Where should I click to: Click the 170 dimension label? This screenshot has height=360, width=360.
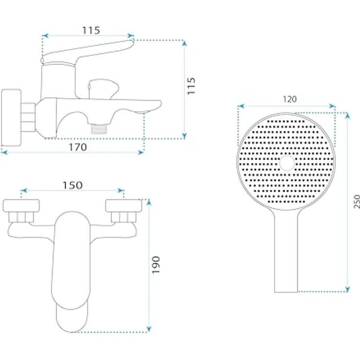click(78, 147)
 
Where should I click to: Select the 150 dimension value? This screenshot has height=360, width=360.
click(72, 185)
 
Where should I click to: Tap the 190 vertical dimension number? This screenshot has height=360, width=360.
click(156, 265)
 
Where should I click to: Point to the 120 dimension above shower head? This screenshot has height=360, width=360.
click(290, 99)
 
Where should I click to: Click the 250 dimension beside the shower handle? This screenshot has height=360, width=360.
click(357, 202)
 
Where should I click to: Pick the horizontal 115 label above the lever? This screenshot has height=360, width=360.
click(91, 30)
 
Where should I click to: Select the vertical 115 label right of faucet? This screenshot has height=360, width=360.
click(191, 86)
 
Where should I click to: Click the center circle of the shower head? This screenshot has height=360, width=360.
click(287, 163)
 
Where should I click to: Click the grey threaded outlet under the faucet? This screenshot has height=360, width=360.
click(99, 129)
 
